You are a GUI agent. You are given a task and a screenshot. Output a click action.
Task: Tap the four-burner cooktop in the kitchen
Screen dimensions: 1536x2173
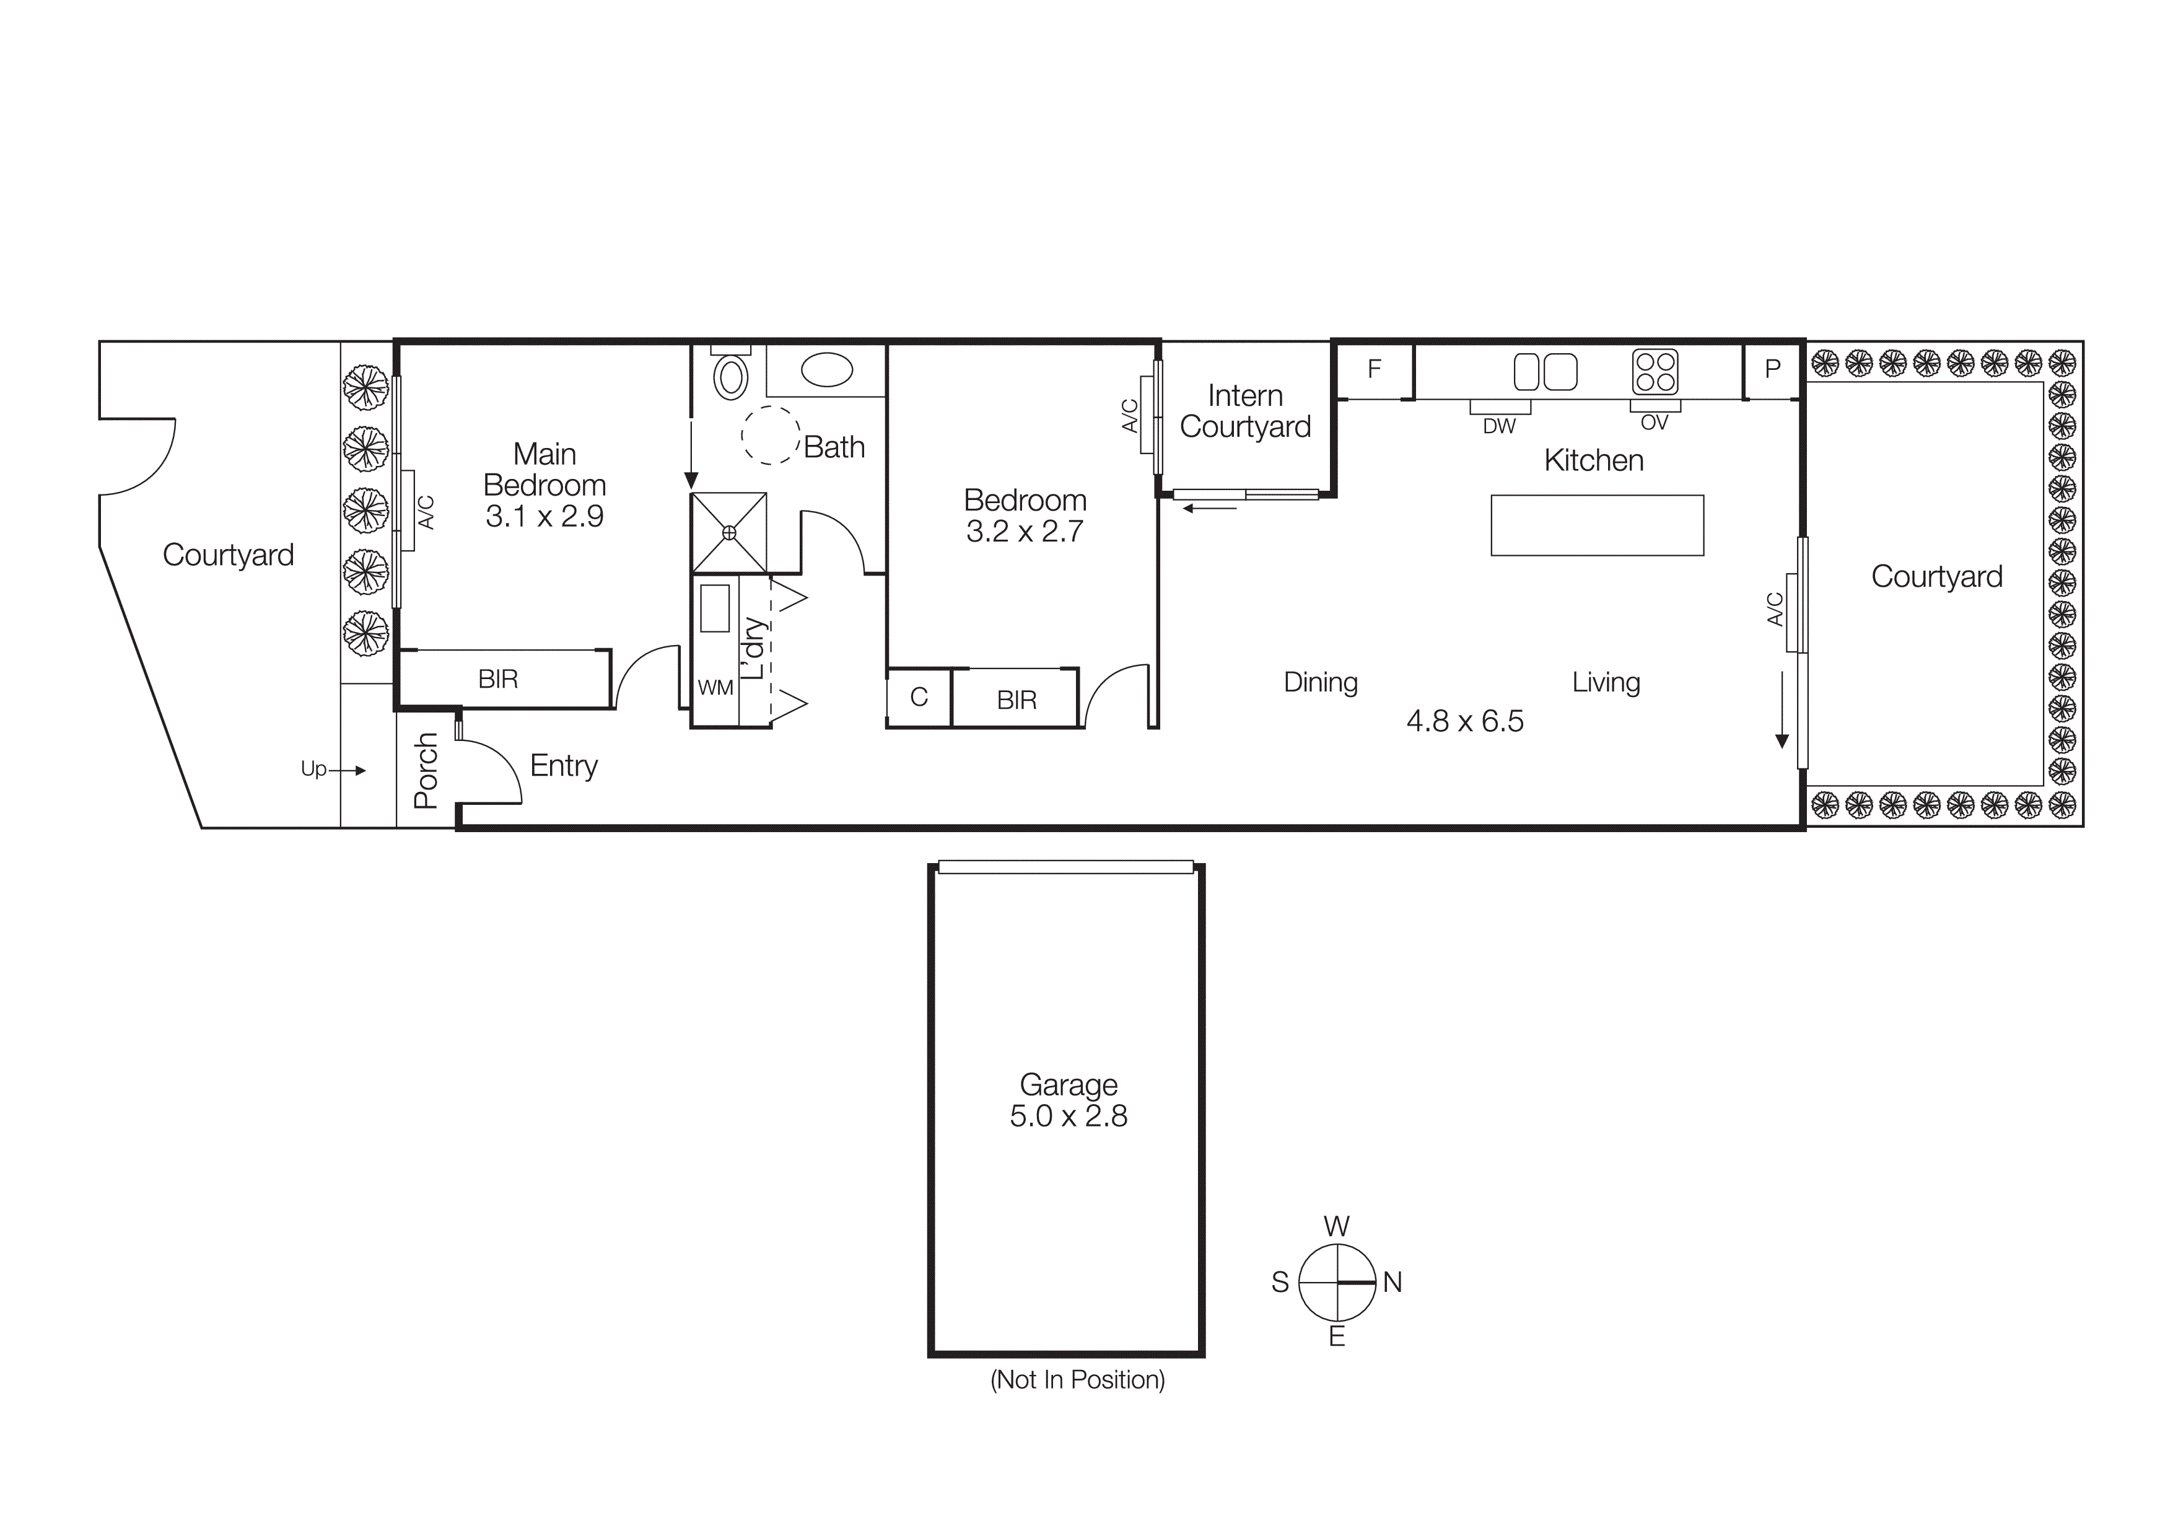pyautogui.click(x=1655, y=371)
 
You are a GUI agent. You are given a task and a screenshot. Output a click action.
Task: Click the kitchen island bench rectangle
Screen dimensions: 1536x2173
pyautogui.click(x=1597, y=525)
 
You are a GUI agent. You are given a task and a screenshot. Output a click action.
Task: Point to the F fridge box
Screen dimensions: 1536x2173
pyautogui.click(x=1374, y=369)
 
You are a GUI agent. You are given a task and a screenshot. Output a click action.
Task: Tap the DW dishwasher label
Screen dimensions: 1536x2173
pyautogui.click(x=1499, y=427)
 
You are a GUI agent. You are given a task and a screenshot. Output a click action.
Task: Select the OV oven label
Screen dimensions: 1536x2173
pyautogui.click(x=1655, y=423)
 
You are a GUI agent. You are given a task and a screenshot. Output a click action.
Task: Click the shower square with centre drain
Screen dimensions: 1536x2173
pyautogui.click(x=728, y=533)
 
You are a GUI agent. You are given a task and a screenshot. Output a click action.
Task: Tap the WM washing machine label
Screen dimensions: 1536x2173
pyautogui.click(x=715, y=688)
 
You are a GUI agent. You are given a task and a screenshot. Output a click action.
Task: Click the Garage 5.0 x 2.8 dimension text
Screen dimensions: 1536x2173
pyautogui.click(x=1069, y=1116)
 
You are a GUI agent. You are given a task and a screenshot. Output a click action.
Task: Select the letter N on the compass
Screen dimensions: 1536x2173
pyautogui.click(x=1393, y=1283)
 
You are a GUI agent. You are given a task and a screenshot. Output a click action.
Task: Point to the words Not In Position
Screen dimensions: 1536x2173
pyautogui.click(x=1077, y=1380)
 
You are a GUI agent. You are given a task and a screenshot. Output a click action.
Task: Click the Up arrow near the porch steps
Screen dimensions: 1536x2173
pyautogui.click(x=331, y=770)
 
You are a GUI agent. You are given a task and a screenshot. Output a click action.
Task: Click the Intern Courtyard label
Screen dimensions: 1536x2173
pyautogui.click(x=1244, y=411)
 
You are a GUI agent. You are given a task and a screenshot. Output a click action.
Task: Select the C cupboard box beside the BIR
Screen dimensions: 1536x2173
pyautogui.click(x=918, y=698)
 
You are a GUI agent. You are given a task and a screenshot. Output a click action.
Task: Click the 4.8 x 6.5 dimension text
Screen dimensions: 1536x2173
pyautogui.click(x=1464, y=721)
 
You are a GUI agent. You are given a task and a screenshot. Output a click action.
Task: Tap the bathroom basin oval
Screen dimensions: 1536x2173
pyautogui.click(x=826, y=370)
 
